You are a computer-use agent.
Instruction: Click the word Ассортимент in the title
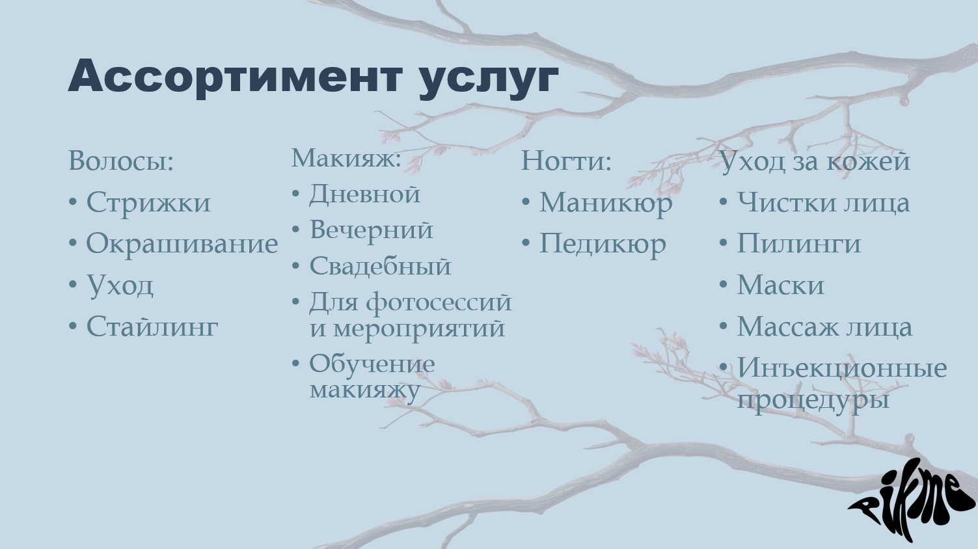(234, 76)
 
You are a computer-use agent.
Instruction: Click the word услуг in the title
(488, 78)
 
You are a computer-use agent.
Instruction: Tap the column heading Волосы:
(121, 161)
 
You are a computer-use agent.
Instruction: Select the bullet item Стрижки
(148, 202)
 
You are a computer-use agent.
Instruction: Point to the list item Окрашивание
(182, 244)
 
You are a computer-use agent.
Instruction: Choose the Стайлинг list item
(152, 327)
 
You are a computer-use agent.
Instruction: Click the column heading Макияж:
(346, 158)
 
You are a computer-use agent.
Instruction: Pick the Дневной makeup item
(364, 194)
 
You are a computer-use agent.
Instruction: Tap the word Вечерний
(371, 230)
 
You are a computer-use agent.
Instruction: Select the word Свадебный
(380, 266)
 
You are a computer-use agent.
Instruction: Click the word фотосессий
(439, 302)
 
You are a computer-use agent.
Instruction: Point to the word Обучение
(372, 364)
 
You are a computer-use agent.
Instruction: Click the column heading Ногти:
(566, 161)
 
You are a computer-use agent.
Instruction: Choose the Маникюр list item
(605, 203)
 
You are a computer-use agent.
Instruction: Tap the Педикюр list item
(603, 244)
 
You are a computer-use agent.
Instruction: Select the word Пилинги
(798, 244)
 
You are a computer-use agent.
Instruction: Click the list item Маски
(780, 286)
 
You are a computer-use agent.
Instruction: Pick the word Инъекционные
(841, 368)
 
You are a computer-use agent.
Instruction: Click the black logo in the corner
(913, 500)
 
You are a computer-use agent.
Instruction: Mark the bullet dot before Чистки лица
(723, 202)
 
